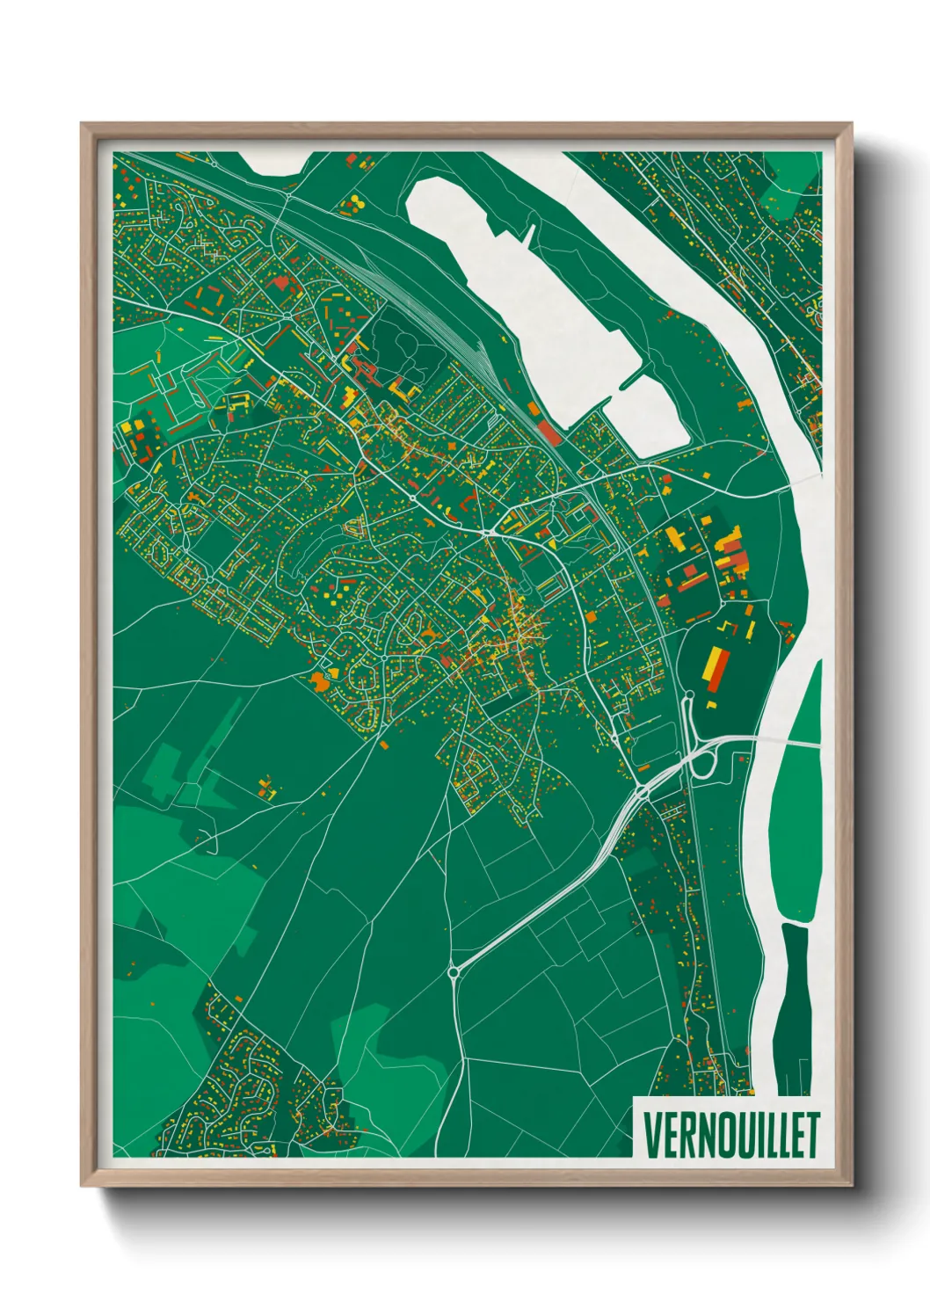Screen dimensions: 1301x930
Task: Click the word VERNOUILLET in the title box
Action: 730,1135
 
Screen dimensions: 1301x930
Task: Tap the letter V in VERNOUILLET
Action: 652,1135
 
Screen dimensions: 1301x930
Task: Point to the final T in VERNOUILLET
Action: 812,1135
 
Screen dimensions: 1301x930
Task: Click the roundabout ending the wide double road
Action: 454,972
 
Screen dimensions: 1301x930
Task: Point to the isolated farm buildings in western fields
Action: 267,787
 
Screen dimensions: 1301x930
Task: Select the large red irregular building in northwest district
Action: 281,283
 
